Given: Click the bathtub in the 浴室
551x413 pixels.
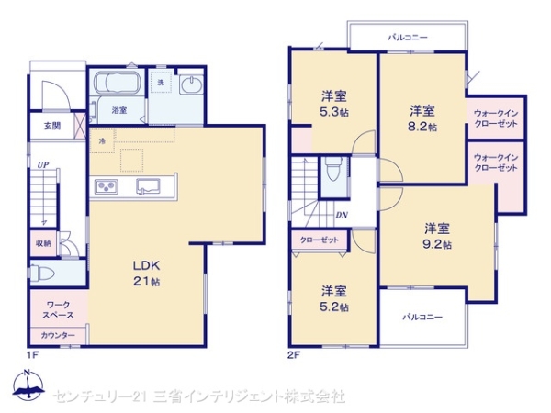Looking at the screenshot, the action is click(x=118, y=84).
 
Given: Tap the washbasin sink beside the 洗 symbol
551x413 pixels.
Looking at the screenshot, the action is click(x=191, y=84).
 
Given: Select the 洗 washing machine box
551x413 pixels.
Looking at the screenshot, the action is click(x=162, y=83).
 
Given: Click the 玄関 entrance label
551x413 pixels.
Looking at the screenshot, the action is click(x=52, y=126).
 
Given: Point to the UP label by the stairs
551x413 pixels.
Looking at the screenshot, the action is click(x=43, y=164).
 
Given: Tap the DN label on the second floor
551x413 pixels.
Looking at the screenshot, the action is click(x=342, y=215).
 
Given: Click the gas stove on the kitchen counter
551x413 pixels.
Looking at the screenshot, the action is click(x=107, y=186).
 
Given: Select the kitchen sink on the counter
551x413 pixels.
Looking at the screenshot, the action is click(x=148, y=186).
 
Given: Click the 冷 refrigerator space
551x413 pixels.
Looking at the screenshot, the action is click(x=102, y=141).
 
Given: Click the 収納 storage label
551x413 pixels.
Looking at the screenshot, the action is click(x=43, y=243).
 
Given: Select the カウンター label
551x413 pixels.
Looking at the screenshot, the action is click(x=58, y=335).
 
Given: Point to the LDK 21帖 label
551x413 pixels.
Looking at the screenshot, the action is click(x=146, y=273).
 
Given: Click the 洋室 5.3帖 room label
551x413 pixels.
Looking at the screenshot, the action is click(x=334, y=103).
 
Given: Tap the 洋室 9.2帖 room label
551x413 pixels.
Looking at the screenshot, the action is click(x=437, y=236).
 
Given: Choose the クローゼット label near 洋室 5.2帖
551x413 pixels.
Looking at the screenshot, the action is click(x=319, y=240).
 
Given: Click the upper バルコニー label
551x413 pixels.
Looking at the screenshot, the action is click(x=408, y=37).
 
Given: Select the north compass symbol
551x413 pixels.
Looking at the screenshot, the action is click(x=28, y=385).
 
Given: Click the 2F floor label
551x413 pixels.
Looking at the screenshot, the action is click(x=294, y=355).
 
